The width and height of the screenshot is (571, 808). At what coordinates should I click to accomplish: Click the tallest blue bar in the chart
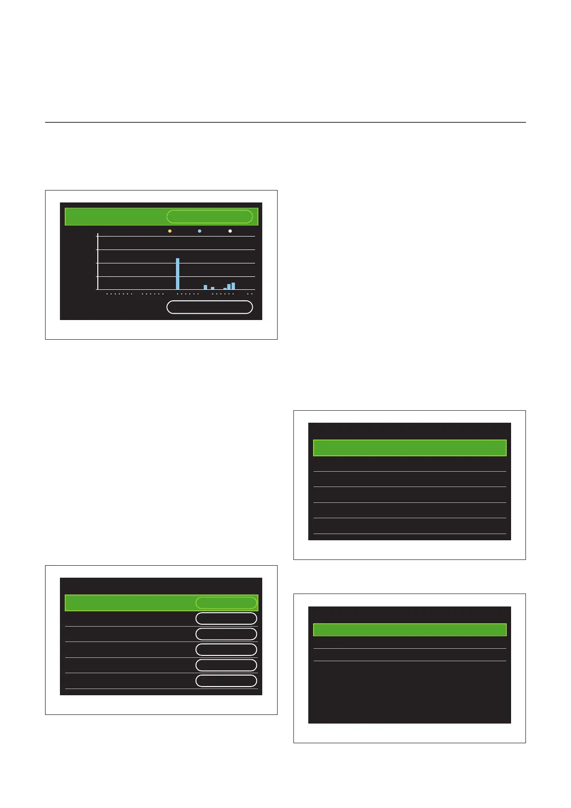(x=177, y=273)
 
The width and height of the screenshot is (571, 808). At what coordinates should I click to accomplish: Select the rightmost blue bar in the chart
(x=233, y=286)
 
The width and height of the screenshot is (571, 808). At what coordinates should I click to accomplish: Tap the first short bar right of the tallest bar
(x=205, y=287)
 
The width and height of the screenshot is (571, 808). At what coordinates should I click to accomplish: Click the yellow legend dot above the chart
(x=170, y=231)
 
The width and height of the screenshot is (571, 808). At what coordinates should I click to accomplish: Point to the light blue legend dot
(x=199, y=231)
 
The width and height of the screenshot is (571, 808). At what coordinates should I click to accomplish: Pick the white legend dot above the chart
(x=230, y=231)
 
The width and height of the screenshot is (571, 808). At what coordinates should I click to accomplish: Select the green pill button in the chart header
(x=210, y=216)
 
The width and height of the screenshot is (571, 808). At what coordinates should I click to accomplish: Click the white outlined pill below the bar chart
(x=210, y=307)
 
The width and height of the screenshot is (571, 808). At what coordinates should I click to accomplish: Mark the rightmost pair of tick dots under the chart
(x=250, y=294)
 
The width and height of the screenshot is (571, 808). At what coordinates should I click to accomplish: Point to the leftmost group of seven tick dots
(x=119, y=294)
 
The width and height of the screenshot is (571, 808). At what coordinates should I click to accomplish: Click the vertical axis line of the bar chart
(x=97, y=261)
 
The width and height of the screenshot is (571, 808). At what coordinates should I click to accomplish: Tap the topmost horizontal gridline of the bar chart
(x=176, y=236)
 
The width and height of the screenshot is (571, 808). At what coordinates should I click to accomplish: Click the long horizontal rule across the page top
(x=285, y=122)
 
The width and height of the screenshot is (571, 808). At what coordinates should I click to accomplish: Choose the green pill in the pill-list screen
(x=226, y=603)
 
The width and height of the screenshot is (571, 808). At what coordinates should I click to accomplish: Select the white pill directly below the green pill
(x=226, y=618)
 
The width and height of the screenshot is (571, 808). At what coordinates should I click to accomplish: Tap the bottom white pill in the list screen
(x=226, y=681)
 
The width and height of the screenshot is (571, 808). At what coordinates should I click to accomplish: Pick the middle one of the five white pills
(x=226, y=650)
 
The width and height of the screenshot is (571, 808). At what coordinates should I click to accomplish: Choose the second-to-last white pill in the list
(x=226, y=665)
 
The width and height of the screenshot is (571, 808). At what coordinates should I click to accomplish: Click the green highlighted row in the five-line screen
(x=409, y=448)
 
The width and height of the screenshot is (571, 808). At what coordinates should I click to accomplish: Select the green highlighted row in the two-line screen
(x=409, y=630)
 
